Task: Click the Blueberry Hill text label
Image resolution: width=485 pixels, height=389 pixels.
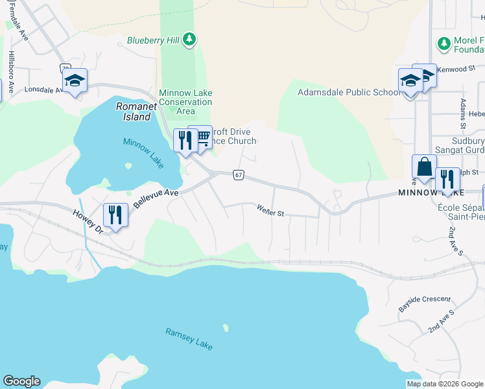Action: [x=153, y=40]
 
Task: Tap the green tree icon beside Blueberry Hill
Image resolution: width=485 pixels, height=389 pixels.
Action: [x=189, y=40]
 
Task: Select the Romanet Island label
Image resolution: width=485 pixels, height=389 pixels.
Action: [x=133, y=112]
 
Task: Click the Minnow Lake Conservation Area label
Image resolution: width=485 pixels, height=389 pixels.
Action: [x=185, y=102]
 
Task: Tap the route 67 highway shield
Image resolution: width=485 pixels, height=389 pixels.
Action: [x=239, y=176]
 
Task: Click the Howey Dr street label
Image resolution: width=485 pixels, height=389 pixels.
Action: [x=88, y=220]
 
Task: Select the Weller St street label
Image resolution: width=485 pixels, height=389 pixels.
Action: [x=271, y=211]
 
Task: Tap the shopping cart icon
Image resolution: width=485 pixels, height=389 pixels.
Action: [x=203, y=136]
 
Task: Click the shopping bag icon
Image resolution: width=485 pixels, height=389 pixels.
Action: [x=424, y=166]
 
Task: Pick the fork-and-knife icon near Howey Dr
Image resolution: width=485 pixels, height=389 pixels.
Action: [x=115, y=214]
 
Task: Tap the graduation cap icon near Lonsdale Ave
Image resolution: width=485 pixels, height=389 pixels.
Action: [x=75, y=80]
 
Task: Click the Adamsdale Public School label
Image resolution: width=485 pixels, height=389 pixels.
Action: [x=349, y=92]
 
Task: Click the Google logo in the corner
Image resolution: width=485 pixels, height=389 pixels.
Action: [x=21, y=381]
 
